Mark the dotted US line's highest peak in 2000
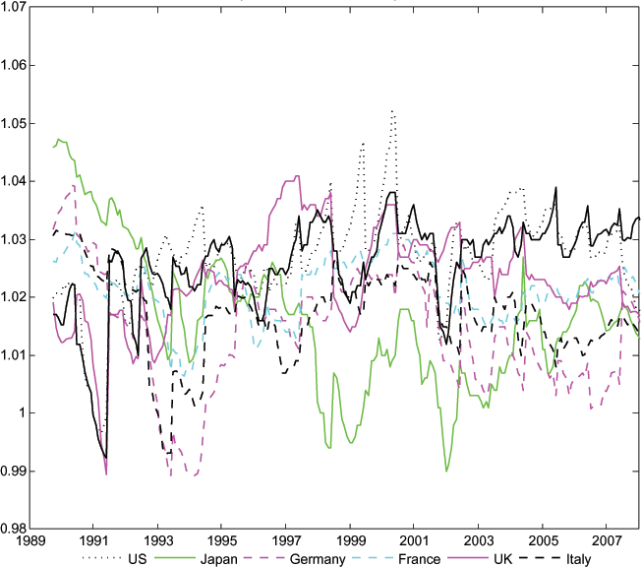click(393, 111)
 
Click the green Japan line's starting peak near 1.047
click(59, 139)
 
